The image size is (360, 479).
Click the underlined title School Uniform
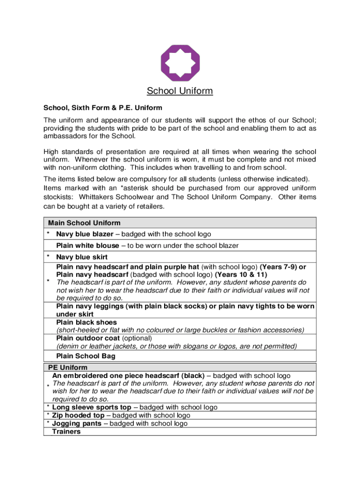pos(180,91)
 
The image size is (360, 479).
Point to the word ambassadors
pos(66,136)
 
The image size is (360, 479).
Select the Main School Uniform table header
pos(84,223)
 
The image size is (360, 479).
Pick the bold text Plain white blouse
pos(88,246)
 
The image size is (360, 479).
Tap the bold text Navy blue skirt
pos(82,257)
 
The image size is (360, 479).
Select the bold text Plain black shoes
pos(86,322)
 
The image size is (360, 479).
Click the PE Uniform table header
pos(68,368)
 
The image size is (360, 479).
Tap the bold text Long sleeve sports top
pos(92,407)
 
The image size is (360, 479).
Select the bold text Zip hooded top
pos(78,415)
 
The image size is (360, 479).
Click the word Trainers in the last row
pos(66,431)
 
